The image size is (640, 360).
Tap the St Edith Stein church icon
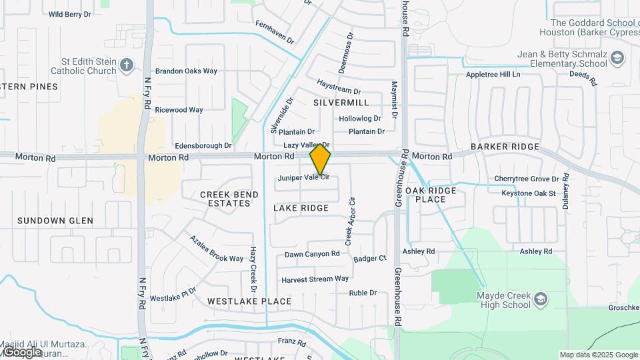pos(127,65)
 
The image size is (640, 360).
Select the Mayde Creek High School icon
pos(541,299)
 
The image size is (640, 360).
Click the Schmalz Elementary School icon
pos(617,58)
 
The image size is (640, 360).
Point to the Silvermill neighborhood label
pos(341,103)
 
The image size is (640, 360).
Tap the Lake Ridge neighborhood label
pos(301,208)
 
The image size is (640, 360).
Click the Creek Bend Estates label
pos(229,199)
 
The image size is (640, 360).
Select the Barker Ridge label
pos(505,147)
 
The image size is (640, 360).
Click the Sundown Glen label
pos(55,221)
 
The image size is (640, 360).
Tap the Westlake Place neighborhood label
pos(249,301)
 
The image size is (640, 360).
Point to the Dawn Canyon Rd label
pos(312,254)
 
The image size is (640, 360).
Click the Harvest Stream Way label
pos(315,279)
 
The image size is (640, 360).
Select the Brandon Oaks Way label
pos(186,71)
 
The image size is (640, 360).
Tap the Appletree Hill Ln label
pos(493,75)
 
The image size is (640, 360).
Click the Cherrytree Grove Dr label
pos(526,179)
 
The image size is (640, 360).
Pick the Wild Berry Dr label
pos(69,14)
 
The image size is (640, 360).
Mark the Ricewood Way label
pos(179,110)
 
